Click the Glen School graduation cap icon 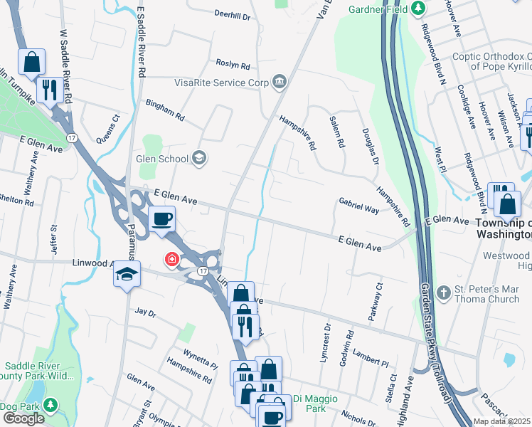pyautogui.click(x=200, y=159)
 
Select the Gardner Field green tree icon pyautogui.click(x=418, y=9)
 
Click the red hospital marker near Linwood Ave pyautogui.click(x=171, y=260)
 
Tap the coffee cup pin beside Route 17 pyautogui.click(x=163, y=218)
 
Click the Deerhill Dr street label pyautogui.click(x=233, y=14)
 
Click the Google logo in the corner pyautogui.click(x=23, y=418)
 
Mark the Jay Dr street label pyautogui.click(x=145, y=311)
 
